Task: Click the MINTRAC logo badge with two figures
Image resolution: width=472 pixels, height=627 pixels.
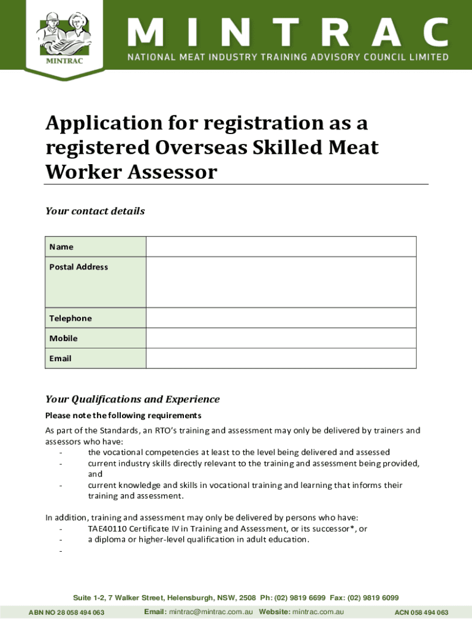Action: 64,40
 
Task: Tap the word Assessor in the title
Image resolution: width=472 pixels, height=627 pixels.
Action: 173,172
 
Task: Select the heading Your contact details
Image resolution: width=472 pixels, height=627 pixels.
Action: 95,211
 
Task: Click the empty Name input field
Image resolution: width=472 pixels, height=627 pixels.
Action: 281,247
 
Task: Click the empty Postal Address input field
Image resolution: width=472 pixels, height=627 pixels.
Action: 281,282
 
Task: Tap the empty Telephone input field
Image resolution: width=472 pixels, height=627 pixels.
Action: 281,318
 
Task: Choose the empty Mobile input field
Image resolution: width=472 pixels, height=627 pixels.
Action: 281,338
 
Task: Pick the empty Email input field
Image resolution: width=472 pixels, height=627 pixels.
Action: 281,358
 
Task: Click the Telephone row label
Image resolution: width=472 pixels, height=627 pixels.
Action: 70,318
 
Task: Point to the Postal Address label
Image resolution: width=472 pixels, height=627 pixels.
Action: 78,267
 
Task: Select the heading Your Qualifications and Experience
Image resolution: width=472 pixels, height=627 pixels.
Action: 132,399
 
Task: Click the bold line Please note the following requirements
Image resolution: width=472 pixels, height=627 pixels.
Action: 123,416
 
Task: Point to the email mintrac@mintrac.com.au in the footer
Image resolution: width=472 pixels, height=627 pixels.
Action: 211,612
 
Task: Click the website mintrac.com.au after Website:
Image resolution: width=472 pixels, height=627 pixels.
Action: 318,612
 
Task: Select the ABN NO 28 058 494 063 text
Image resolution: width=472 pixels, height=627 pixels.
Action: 66,612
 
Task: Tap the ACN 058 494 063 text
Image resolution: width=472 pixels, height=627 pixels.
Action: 421,612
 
